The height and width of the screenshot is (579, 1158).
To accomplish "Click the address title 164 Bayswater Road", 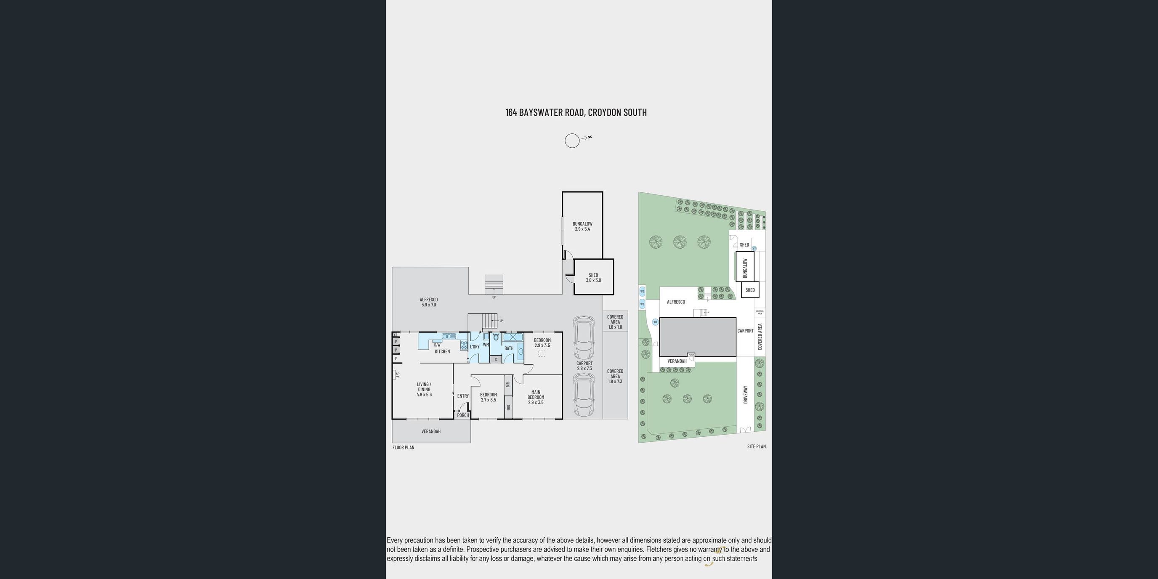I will [576, 112].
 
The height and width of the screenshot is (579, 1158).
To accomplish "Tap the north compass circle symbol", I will [572, 141].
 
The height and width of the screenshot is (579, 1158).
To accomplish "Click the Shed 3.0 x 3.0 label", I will [593, 277].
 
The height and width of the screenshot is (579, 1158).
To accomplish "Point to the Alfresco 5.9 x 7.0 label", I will [428, 302].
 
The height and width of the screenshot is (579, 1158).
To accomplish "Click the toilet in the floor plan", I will [496, 337].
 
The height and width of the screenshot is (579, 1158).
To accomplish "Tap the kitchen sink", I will [449, 336].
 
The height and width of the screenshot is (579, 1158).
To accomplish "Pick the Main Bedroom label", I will [535, 397].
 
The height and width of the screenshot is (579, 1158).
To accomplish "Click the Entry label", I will [462, 396].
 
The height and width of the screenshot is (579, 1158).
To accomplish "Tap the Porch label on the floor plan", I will [462, 415].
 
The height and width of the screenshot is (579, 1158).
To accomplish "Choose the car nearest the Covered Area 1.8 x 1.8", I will [584, 337].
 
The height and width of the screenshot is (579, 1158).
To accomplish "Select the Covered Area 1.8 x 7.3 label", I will [615, 376].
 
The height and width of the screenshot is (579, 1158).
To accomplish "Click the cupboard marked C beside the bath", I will [495, 360].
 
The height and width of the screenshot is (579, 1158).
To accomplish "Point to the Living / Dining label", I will [424, 389].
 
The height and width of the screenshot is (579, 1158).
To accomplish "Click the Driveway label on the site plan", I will [745, 394].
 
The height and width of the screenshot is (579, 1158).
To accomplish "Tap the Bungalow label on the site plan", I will [745, 268].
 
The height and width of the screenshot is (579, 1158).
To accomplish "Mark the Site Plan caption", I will [756, 446].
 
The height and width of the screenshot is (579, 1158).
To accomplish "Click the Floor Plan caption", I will [403, 447].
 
